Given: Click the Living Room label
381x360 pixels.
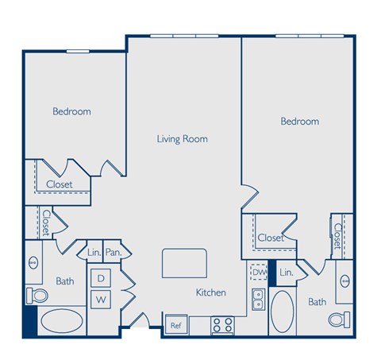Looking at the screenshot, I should (182, 138).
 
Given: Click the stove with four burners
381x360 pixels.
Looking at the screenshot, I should (221, 324).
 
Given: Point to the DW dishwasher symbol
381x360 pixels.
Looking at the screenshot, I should (258, 272).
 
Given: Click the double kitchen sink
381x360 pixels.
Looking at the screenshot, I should (258, 299).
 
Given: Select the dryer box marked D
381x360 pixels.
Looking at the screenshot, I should (101, 278).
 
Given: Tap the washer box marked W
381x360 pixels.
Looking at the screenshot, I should (101, 300).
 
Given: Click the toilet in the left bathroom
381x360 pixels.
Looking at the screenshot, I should (36, 296).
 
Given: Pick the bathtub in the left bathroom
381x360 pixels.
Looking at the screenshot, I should (60, 322).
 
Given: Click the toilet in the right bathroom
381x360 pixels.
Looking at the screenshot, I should (341, 320).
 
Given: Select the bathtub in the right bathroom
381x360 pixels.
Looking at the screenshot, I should (282, 312).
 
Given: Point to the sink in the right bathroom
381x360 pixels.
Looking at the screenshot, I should (344, 281).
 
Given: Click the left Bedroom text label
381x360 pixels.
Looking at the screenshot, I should (71, 112).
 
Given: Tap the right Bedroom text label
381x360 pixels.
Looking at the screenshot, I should (299, 122).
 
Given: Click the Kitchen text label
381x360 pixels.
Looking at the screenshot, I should (211, 292).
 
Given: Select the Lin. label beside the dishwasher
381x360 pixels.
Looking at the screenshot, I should (287, 273).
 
